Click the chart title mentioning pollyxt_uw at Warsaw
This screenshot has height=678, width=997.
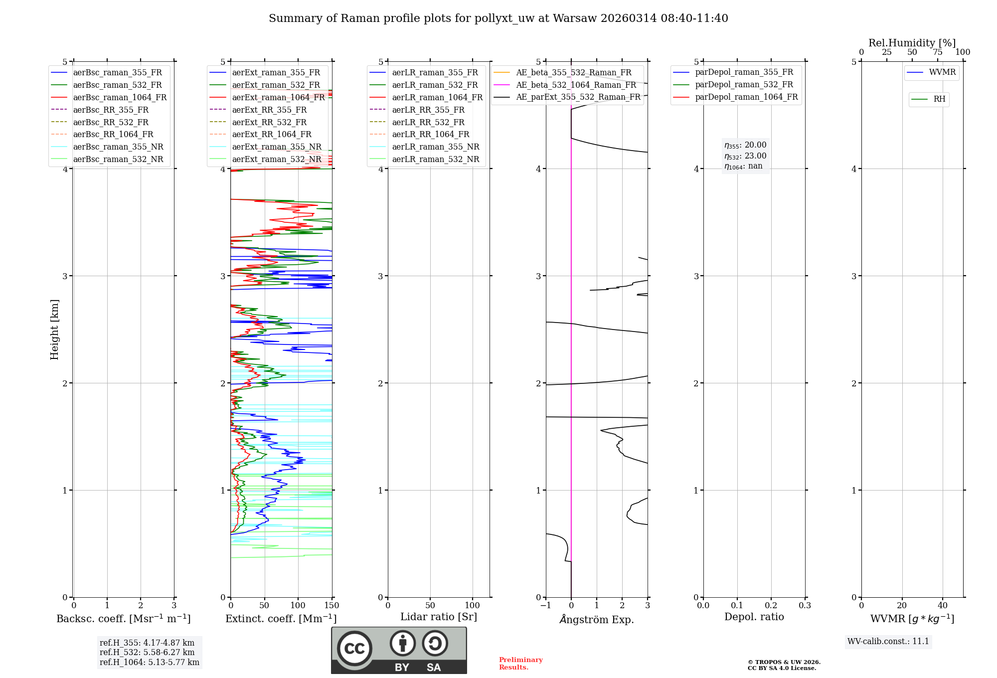(x=498, y=18)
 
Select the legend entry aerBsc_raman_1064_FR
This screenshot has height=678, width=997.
(x=120, y=98)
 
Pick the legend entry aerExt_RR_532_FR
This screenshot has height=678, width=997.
(x=269, y=122)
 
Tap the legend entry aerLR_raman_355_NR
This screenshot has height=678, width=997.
(x=435, y=147)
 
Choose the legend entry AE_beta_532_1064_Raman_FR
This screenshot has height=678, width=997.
(x=576, y=85)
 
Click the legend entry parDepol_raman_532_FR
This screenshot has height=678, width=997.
(x=744, y=85)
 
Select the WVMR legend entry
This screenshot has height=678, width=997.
(x=942, y=72)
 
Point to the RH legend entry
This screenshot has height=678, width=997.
(x=939, y=99)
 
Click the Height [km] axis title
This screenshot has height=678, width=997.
(x=54, y=329)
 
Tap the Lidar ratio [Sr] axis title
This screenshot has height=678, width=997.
(x=438, y=617)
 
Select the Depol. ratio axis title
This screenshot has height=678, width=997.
(x=754, y=617)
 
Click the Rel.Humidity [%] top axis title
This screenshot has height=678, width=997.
(x=912, y=43)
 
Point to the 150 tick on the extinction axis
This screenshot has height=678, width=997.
(x=332, y=606)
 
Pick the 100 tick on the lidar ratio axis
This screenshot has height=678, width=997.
(x=472, y=606)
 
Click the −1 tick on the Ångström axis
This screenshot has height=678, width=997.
(x=546, y=606)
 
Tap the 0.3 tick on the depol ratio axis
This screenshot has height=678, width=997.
(x=805, y=606)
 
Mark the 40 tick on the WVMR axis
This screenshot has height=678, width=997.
(x=942, y=606)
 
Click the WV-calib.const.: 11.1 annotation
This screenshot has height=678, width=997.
(x=888, y=641)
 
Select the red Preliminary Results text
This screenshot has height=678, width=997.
(x=520, y=664)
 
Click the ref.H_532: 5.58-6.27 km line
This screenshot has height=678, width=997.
(x=147, y=653)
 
